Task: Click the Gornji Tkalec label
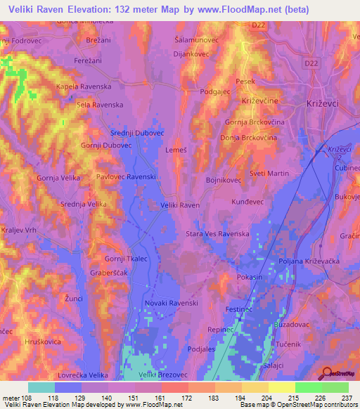tap(125, 259)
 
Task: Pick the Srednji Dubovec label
tap(137, 132)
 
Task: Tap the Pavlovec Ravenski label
tap(127, 177)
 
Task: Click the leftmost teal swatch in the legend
tap(41, 387)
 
